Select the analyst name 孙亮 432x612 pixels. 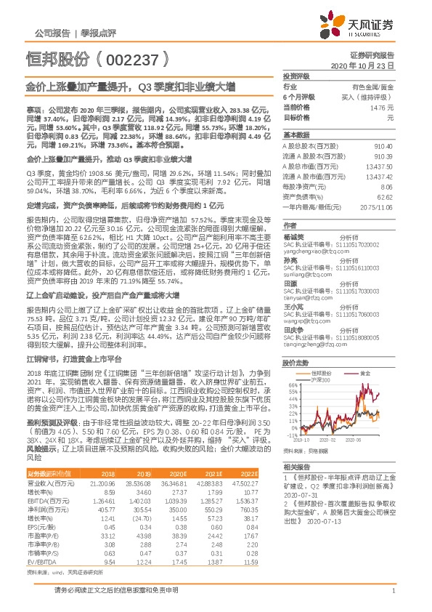pos(290,259)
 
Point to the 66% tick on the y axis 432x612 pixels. pos(293,385)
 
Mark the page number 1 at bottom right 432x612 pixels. pos(392,597)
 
